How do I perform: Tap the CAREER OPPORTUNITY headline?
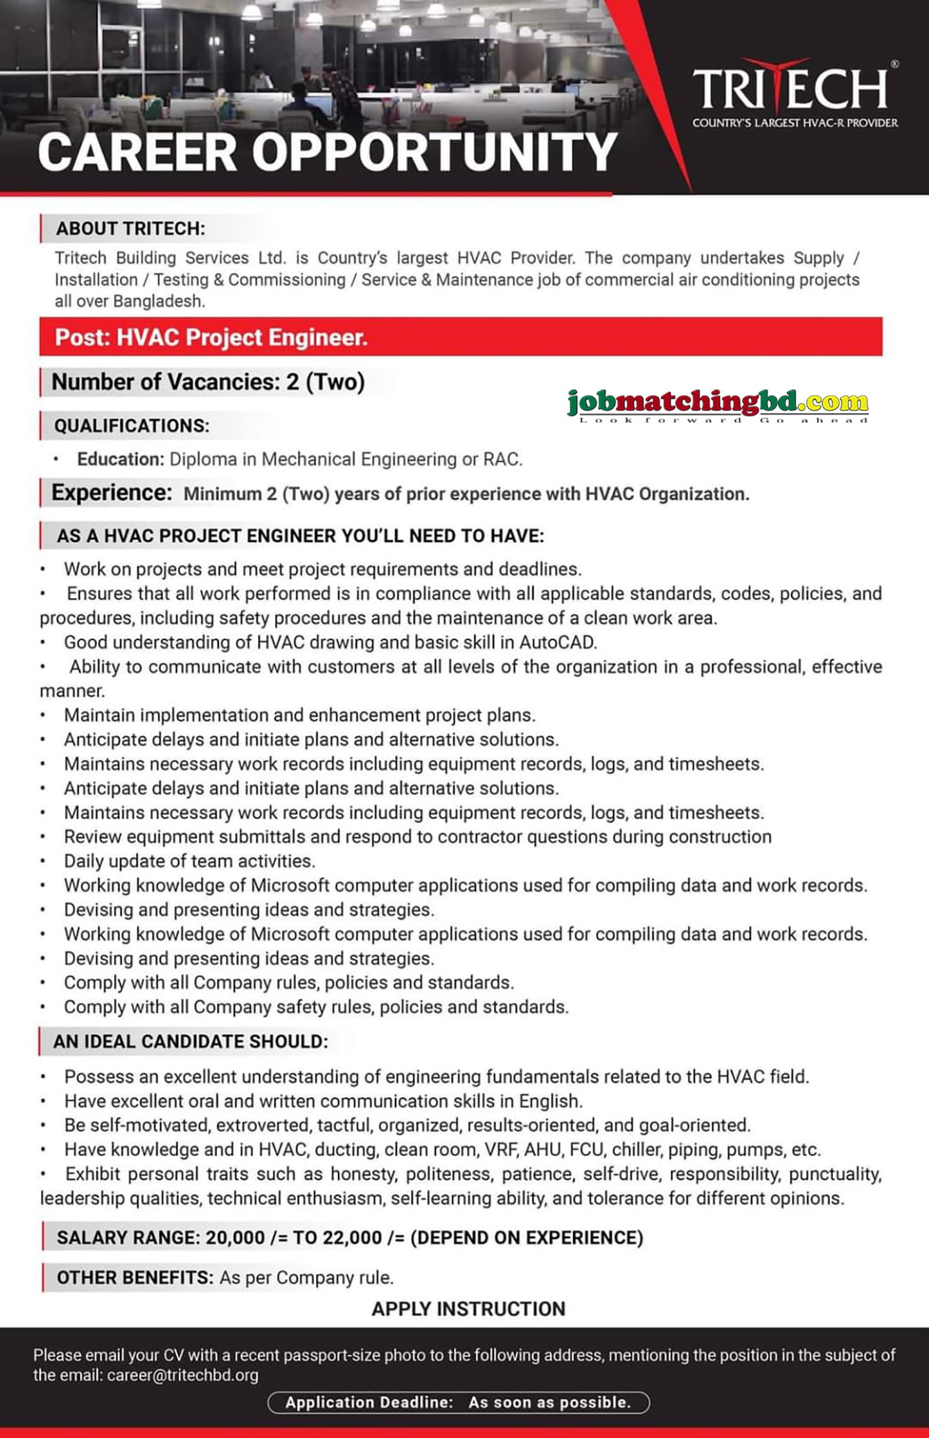pos(327,153)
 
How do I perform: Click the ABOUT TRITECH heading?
pos(130,228)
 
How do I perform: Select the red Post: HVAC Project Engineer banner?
pos(460,337)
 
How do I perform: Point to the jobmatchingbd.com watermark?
pos(717,403)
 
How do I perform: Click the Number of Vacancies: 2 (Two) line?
pos(208,382)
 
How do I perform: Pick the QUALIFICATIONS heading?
pos(131,426)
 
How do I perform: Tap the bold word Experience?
pos(111,493)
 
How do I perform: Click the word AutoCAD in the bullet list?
pos(557,643)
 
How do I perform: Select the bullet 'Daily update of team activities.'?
pos(189,861)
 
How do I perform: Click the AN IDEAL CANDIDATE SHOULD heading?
pos(190,1041)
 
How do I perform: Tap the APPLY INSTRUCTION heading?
pos(468,1309)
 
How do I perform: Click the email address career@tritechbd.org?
pos(183,1375)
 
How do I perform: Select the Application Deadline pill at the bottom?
pos(458,1402)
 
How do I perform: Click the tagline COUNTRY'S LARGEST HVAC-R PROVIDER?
pos(795,123)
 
